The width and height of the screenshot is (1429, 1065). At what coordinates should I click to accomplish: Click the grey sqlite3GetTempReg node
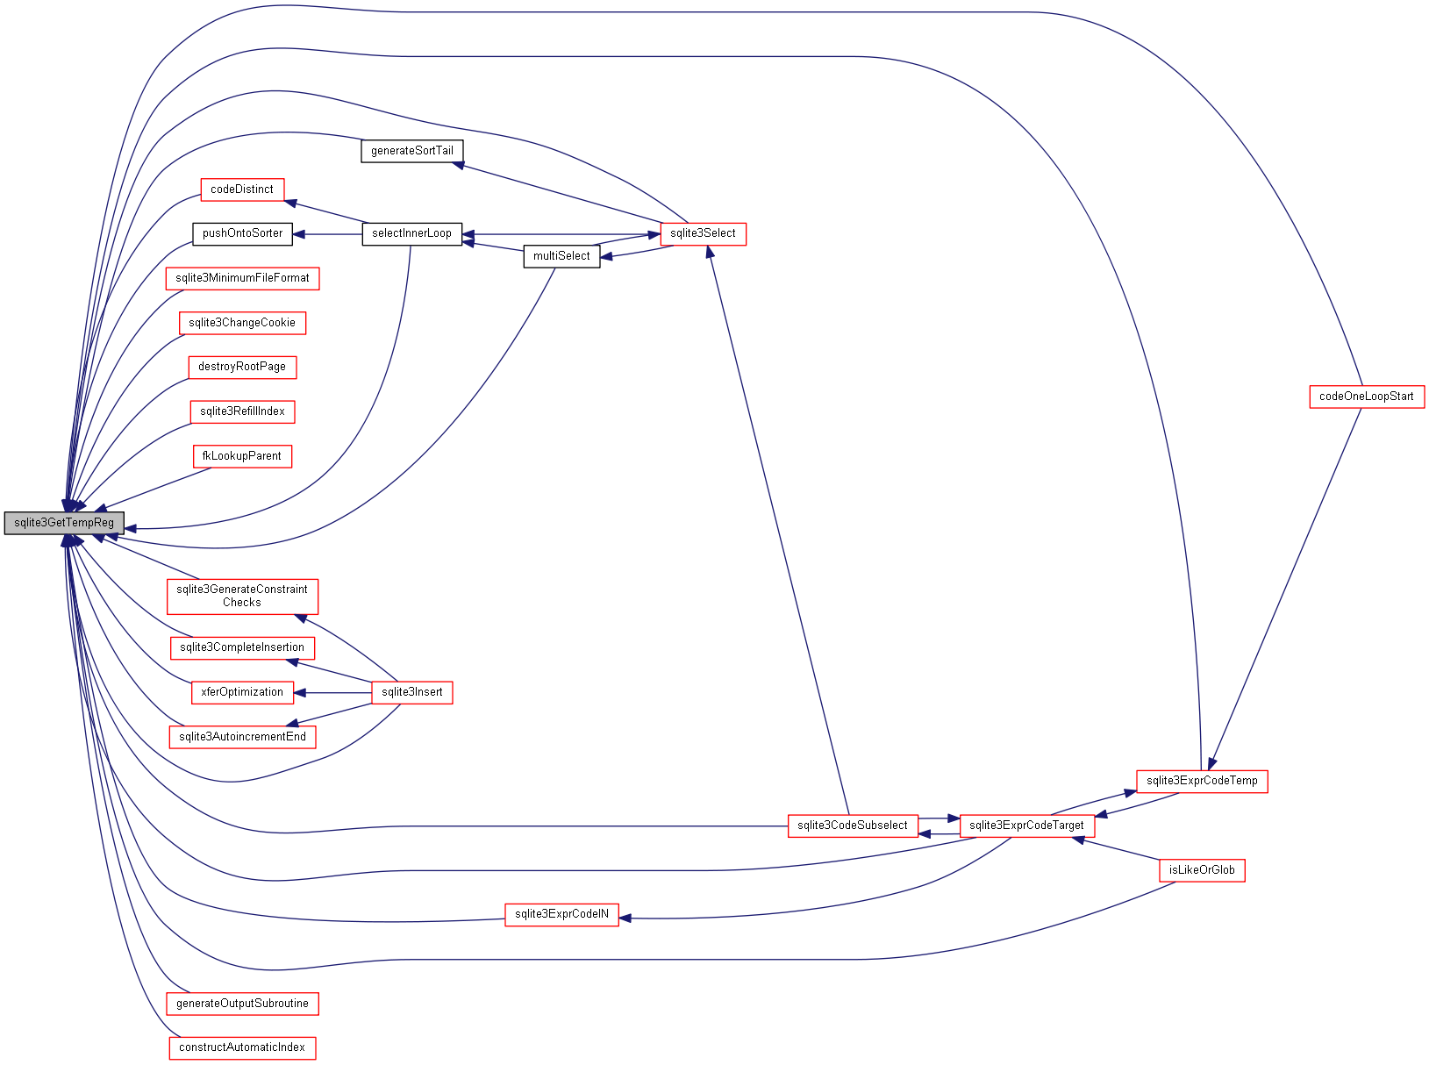pos(64,523)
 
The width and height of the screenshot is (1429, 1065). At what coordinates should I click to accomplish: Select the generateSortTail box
pos(412,151)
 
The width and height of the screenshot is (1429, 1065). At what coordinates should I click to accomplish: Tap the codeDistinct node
pos(242,189)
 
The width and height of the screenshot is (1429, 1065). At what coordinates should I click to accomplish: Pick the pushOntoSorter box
pos(242,234)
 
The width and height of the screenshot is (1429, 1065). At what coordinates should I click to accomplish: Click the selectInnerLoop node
pos(411,234)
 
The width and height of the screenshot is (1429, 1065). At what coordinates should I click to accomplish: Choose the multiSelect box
pos(561,256)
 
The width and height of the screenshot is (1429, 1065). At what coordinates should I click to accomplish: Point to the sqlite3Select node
pos(703,234)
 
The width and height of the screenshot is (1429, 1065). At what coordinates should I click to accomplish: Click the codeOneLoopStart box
pos(1366,397)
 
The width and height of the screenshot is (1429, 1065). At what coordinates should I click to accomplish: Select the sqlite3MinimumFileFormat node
pos(242,279)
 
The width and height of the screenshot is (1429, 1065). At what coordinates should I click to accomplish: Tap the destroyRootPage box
pos(242,368)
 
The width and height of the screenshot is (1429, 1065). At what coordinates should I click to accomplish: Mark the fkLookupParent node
pos(242,457)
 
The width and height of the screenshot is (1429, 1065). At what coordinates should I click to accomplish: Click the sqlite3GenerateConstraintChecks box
pos(242,597)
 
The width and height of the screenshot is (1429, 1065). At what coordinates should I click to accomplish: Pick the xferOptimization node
pos(242,693)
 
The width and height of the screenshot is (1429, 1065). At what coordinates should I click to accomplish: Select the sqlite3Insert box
pos(411,693)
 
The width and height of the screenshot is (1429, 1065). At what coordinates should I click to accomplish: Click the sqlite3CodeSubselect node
pos(852,826)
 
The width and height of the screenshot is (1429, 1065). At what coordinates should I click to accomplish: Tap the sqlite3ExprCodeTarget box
pos(1026,826)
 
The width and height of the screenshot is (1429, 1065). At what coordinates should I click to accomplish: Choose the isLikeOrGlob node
pos(1201,871)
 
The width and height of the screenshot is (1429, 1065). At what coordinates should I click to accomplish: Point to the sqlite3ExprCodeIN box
pos(561,915)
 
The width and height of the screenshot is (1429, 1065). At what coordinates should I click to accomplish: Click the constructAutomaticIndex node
pos(242,1048)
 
